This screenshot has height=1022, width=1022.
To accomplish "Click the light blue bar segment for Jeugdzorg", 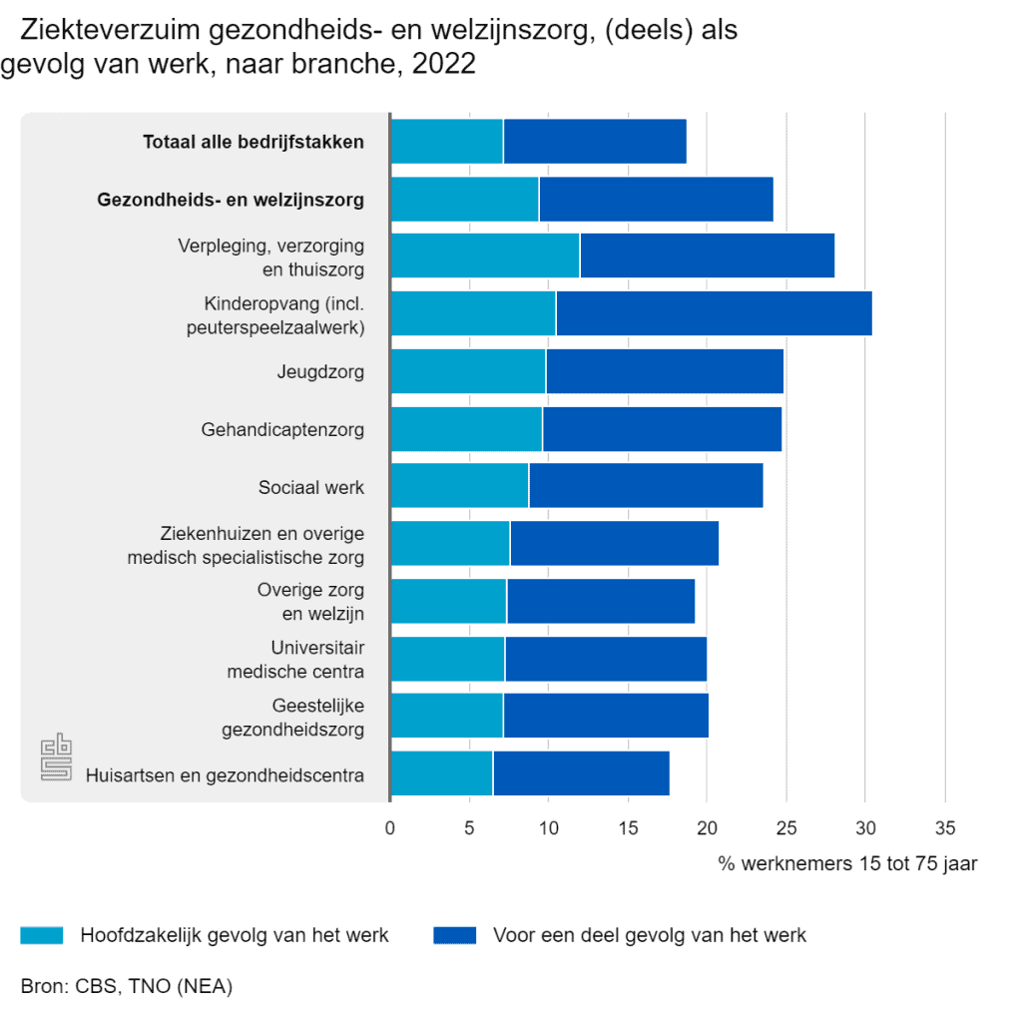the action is (469, 371).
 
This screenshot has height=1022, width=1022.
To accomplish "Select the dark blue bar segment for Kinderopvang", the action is (715, 313).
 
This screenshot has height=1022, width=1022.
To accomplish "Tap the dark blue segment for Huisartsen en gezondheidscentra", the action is (582, 773).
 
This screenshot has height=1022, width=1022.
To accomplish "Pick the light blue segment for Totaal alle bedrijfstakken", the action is (447, 142).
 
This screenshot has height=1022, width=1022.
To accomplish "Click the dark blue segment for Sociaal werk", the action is (646, 486).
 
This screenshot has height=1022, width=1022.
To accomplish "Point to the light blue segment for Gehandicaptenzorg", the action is (467, 429).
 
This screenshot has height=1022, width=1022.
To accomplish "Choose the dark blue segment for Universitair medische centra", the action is (606, 659).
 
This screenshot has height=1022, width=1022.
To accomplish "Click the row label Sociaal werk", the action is (311, 487).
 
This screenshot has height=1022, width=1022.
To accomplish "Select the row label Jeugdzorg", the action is (320, 372).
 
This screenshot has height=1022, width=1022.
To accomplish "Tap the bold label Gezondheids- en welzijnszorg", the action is (231, 200).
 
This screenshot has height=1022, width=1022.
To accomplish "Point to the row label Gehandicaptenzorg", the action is (282, 429).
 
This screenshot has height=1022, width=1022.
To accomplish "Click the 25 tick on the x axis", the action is (786, 827).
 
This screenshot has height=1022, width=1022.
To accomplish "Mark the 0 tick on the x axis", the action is (390, 827).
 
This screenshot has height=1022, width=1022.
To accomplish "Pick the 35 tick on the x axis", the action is (945, 827).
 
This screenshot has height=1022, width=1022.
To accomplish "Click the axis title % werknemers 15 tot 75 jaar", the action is (847, 863).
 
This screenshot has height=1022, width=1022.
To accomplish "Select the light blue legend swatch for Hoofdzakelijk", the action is (42, 934).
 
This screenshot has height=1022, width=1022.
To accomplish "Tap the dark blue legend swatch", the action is (455, 934).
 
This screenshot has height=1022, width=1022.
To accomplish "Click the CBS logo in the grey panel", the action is (56, 757).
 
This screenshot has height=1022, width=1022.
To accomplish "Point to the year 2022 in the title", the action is (444, 64).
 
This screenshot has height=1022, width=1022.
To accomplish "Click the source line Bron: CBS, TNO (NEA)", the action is (127, 986).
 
